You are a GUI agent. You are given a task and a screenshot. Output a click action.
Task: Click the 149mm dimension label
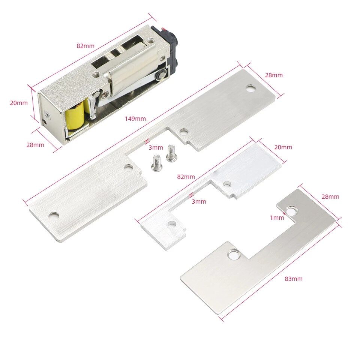[x=135, y=119]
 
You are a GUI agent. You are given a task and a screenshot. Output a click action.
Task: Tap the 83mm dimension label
[x=294, y=279]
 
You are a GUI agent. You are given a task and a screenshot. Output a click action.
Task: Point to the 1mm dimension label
[x=277, y=217]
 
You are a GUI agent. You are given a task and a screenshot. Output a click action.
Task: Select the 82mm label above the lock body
[x=85, y=46]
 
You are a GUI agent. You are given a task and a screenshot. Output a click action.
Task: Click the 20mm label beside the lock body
[x=19, y=103]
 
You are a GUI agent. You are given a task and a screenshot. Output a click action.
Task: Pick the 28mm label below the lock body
[x=35, y=145]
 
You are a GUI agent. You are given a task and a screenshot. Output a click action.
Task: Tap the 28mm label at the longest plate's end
[x=274, y=75]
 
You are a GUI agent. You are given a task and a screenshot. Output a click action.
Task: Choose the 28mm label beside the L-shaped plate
[x=330, y=196]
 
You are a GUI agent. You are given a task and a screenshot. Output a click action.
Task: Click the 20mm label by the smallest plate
[x=283, y=147]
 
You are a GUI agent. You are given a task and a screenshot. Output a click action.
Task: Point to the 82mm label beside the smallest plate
[x=186, y=177]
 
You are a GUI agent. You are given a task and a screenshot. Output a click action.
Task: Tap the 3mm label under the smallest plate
[x=199, y=201]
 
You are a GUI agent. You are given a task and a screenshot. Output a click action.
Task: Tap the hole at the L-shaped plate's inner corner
[x=234, y=255]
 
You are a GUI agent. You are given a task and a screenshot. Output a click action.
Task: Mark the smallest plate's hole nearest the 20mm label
[x=227, y=184]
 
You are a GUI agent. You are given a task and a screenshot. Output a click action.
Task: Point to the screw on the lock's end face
[x=46, y=114]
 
